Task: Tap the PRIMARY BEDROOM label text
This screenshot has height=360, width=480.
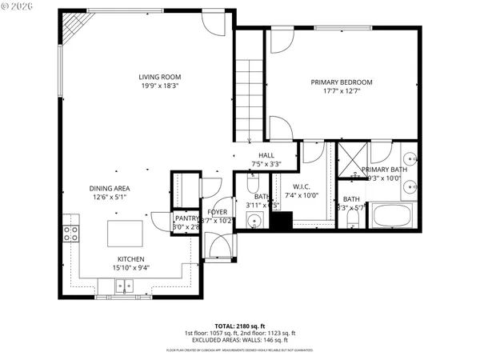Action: point(342,82)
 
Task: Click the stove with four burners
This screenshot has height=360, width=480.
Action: point(70,234)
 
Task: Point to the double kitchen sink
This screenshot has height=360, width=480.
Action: point(122,286)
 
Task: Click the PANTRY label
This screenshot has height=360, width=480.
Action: point(186,218)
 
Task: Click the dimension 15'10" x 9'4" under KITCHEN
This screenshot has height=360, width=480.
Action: point(131,268)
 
